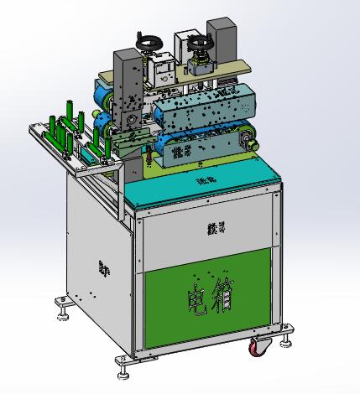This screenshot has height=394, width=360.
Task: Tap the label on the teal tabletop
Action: (x=206, y=179)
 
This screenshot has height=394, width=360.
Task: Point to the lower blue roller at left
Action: (x=102, y=127)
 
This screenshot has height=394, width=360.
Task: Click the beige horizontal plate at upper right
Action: (x=231, y=68)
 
